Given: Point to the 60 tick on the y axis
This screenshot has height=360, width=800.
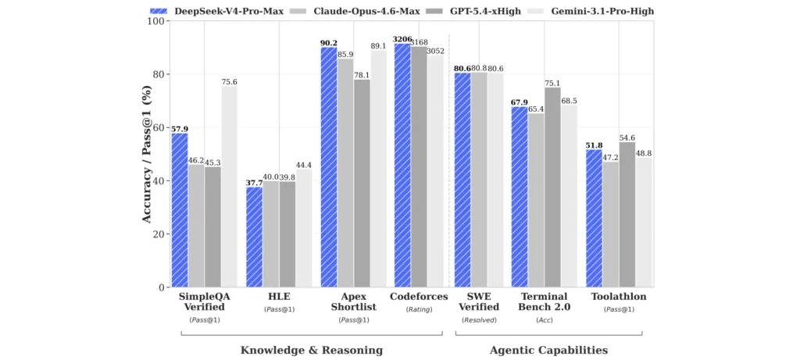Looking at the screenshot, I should click(160, 127).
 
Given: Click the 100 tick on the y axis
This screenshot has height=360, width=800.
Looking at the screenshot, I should click(157, 21).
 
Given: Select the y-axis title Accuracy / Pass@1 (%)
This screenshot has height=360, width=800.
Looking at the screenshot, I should click(147, 154).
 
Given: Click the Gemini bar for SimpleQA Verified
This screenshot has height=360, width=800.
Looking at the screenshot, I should click(229, 187).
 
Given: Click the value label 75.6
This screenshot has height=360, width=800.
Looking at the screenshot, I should click(229, 80).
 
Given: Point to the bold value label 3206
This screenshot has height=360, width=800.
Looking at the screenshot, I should click(402, 38).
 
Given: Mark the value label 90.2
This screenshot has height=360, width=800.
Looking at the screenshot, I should click(328, 42).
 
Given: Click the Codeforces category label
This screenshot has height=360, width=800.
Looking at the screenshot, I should click(419, 297).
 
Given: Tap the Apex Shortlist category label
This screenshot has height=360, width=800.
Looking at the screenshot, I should click(345, 303).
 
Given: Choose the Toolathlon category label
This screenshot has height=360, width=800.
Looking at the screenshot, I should click(619, 297).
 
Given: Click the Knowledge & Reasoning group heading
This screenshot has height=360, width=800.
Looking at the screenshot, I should click(312, 350).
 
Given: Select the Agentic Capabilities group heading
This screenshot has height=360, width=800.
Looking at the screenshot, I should click(548, 350).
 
